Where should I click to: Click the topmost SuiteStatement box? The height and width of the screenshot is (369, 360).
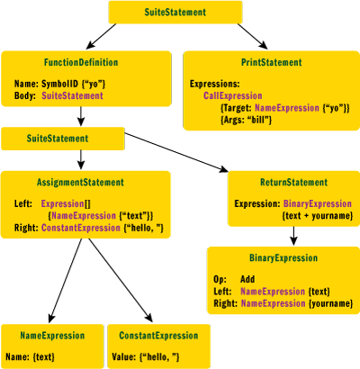point(175,13)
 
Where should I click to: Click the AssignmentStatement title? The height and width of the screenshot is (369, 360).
point(84,182)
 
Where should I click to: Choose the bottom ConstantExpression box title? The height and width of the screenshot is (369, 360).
point(158,336)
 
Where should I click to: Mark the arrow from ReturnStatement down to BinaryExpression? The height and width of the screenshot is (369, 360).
point(293,234)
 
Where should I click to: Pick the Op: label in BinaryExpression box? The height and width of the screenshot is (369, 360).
point(219,279)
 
